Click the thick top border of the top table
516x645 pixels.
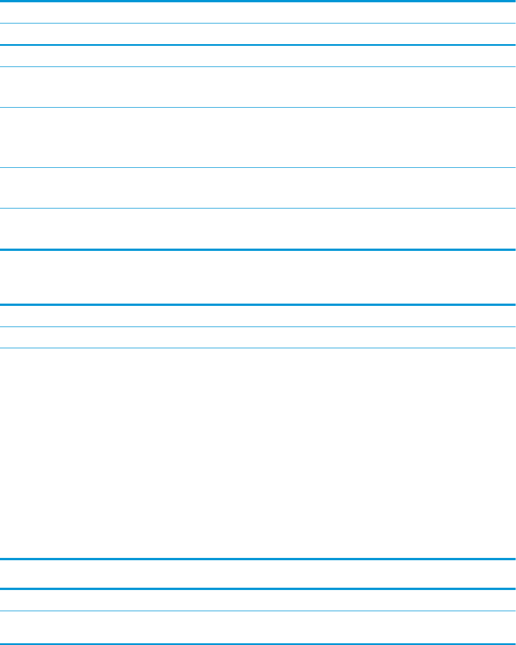click(x=258, y=2)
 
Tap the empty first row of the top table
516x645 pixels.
click(x=258, y=13)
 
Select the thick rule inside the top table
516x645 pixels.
click(x=258, y=45)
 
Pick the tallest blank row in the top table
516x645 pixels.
click(x=258, y=137)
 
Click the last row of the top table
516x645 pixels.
click(x=258, y=228)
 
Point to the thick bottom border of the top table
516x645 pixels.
click(x=258, y=249)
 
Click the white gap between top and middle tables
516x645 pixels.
click(x=258, y=277)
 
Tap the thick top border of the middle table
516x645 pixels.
click(x=258, y=305)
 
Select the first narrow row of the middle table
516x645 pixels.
click(x=258, y=316)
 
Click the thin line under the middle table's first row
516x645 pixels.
click(x=258, y=327)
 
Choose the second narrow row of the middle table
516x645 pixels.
click(x=258, y=337)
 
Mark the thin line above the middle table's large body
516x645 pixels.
click(x=258, y=348)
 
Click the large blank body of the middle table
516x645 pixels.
click(x=258, y=453)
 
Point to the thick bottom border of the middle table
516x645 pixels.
click(x=258, y=559)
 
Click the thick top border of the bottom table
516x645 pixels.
click(x=258, y=588)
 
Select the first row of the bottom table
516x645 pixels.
click(x=258, y=599)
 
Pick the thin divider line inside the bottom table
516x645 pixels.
click(x=258, y=611)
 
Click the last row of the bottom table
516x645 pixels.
click(x=258, y=626)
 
